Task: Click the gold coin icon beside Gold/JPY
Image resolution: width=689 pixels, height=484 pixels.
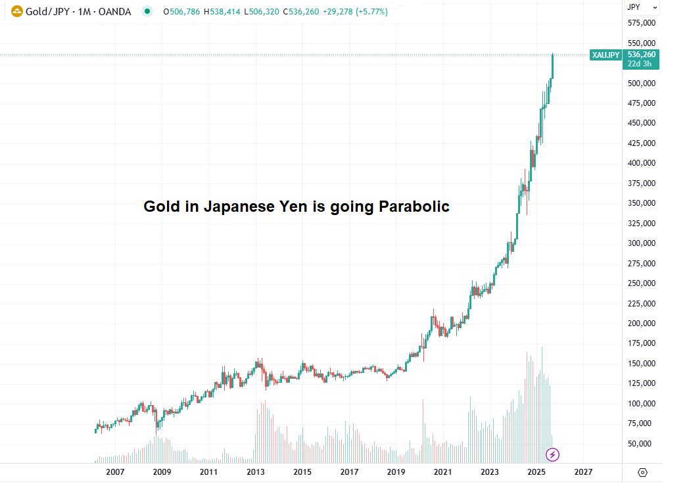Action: [16, 12]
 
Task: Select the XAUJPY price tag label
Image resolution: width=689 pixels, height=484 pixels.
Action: [606, 55]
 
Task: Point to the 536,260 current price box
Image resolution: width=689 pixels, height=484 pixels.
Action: [641, 55]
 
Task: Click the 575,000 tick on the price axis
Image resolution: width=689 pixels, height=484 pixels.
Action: [641, 23]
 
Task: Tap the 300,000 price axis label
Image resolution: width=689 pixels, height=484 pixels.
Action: [641, 243]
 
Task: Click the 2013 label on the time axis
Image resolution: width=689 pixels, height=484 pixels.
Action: [255, 472]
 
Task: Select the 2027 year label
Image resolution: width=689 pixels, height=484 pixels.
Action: [583, 472]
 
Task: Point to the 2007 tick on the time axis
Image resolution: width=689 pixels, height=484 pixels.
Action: [115, 472]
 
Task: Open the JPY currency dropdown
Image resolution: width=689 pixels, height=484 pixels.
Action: [641, 7]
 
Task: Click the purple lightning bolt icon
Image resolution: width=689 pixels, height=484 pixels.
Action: [553, 454]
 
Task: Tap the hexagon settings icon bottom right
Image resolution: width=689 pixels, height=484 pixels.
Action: [643, 472]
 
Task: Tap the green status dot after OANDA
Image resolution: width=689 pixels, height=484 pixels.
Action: [147, 12]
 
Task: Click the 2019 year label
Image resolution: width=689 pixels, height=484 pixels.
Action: [396, 472]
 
